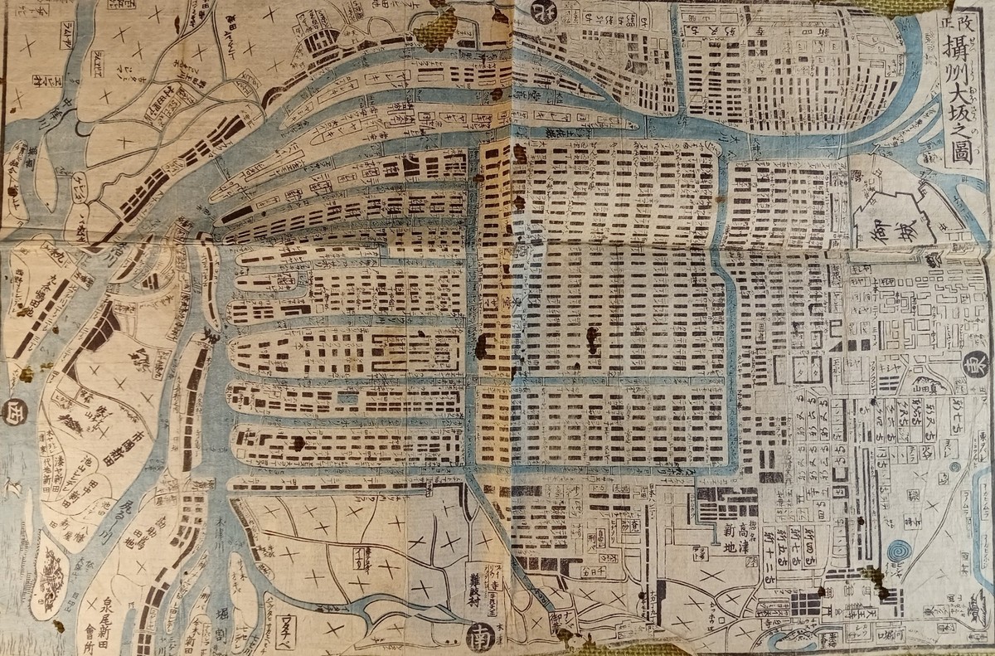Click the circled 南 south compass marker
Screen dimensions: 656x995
click(480, 638)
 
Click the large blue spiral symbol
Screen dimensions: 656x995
click(897, 552)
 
